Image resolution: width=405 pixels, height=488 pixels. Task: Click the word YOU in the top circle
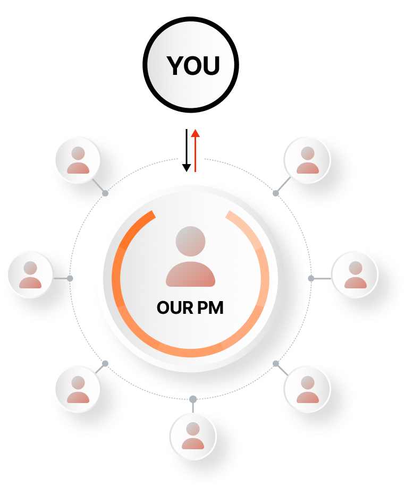point(193,66)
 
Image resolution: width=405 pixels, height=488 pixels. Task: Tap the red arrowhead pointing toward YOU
point(195,133)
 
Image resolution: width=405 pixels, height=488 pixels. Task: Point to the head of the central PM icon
point(190,241)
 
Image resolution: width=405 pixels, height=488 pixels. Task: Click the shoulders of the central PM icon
point(190,275)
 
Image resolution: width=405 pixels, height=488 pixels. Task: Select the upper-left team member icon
point(78,161)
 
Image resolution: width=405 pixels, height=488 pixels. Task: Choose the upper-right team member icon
point(307,161)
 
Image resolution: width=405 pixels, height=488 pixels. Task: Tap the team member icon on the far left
point(30,275)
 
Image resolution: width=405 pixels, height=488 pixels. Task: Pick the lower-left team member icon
point(78,390)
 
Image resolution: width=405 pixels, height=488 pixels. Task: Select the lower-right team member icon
point(307,390)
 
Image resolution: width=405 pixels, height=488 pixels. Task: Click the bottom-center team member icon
point(193,436)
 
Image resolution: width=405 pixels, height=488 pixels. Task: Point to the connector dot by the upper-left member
point(105,192)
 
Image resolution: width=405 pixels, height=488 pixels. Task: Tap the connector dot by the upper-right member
point(275,193)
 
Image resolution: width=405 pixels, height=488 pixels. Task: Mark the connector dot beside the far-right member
point(311,278)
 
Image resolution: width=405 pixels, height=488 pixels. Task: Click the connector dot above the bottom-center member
point(193,398)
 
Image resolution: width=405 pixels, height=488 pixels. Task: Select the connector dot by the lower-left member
point(105,363)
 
